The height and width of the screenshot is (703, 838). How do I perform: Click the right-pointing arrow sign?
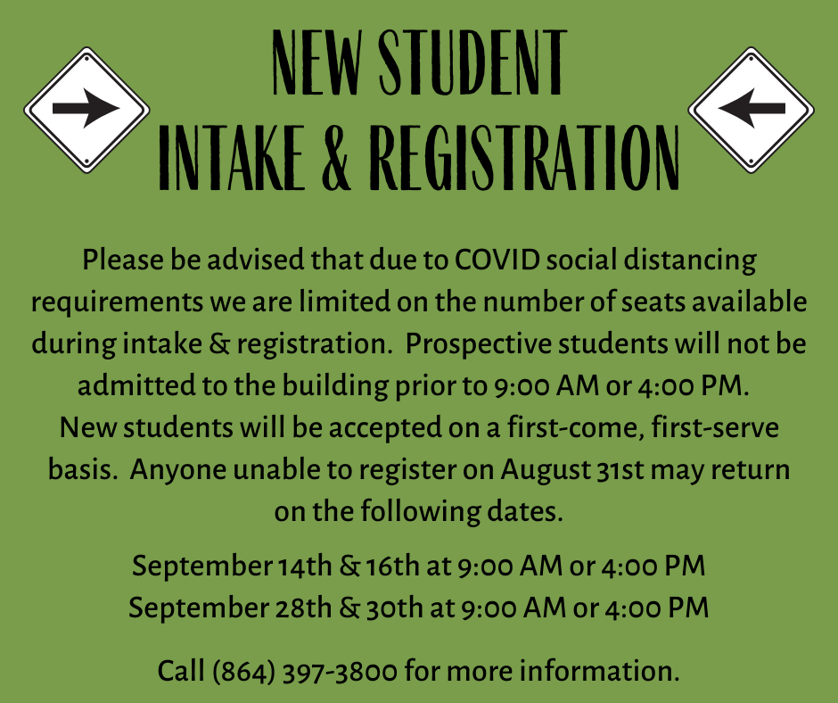86,111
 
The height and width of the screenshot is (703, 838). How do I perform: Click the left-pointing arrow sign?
751,111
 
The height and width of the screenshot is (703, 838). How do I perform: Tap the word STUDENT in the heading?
472,62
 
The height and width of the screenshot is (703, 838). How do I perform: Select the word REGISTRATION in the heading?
525,158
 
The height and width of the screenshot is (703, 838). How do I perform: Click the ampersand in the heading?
337,159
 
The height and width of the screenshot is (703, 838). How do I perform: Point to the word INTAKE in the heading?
232,159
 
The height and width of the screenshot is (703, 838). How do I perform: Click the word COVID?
497,260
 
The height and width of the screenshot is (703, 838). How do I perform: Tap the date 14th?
305,566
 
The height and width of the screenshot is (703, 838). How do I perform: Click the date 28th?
304,608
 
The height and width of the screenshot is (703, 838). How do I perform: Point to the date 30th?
394,608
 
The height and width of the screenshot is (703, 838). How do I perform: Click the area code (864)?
243,672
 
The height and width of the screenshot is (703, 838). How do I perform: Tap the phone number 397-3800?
340,672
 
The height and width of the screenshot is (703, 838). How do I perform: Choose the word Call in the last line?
181,671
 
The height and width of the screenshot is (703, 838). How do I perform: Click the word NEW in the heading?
316,62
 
